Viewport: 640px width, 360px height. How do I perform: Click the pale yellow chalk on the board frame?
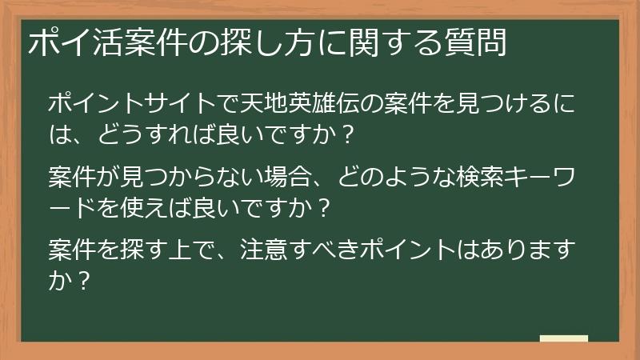pos(564,338)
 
